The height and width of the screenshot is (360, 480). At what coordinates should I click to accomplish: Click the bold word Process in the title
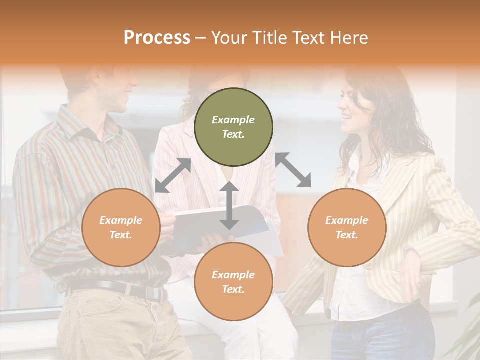157,38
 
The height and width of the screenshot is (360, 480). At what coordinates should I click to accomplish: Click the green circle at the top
233,127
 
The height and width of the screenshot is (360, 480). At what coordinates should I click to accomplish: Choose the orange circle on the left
121,227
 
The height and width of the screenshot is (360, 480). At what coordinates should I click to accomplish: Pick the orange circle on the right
347,227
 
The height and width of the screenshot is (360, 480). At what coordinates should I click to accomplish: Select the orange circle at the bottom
233,282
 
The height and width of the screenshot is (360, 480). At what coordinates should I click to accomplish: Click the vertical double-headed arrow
229,205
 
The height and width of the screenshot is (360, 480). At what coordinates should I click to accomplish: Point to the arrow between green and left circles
173,175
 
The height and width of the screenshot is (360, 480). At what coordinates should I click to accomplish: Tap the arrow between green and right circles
293,170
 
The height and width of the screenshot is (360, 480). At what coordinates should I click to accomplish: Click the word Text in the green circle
233,134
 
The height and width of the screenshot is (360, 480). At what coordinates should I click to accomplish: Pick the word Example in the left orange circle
121,220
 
